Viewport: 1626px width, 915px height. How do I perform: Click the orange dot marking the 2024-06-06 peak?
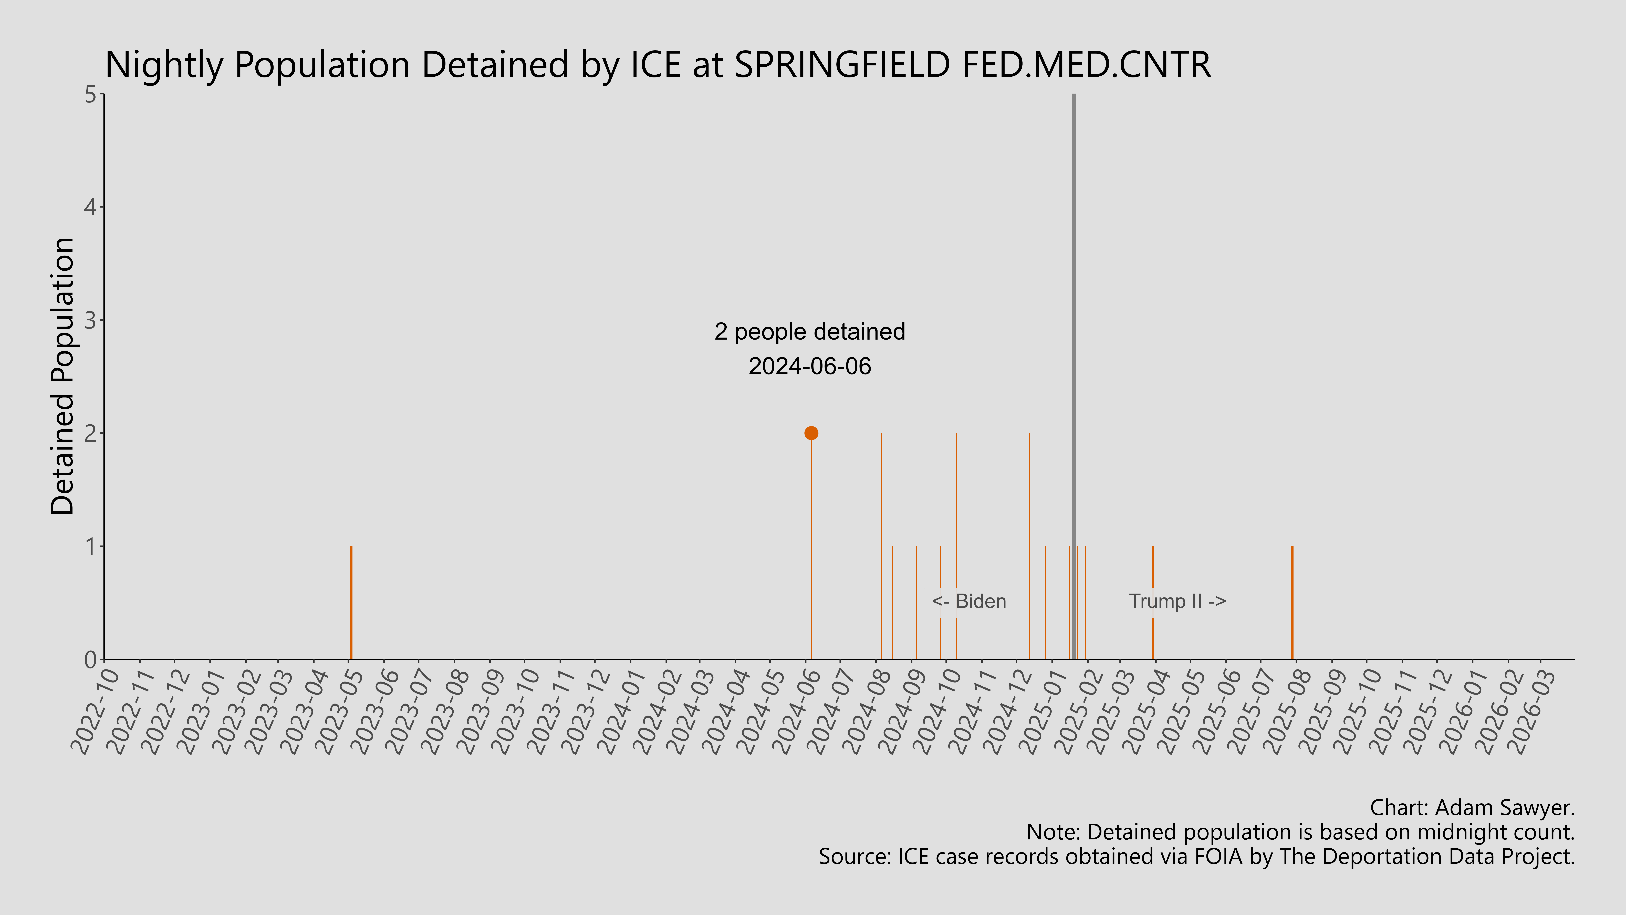click(811, 433)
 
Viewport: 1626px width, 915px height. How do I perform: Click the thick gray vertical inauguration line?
click(1074, 316)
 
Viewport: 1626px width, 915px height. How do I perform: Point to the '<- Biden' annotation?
click(969, 601)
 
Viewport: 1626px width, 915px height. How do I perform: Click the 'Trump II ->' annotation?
click(1177, 601)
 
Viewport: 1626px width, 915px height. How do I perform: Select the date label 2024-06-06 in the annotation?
click(810, 366)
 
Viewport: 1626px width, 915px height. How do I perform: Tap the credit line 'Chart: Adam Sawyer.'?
click(1472, 808)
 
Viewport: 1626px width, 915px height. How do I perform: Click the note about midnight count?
click(1300, 832)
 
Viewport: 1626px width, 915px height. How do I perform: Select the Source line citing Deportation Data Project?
click(1196, 857)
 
